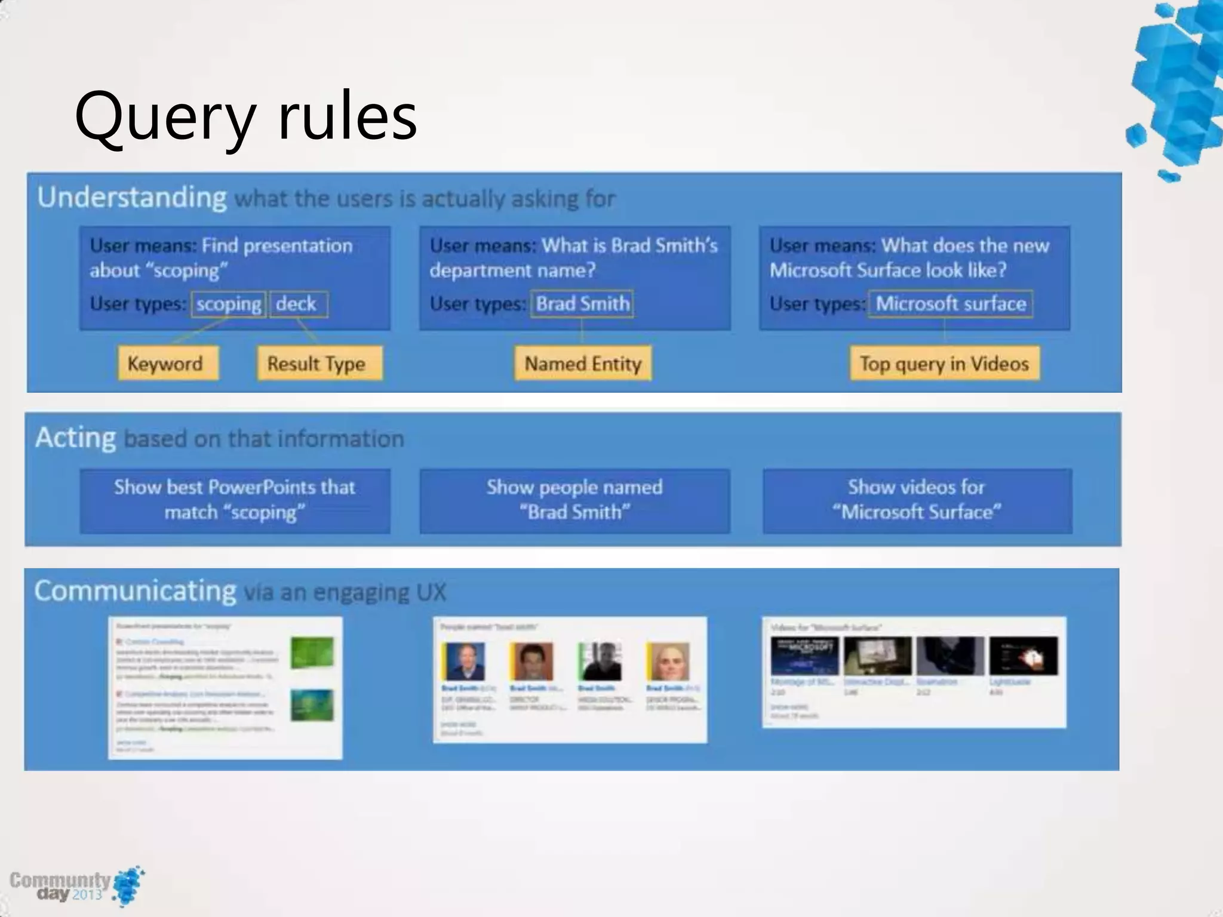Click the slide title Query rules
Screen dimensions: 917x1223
point(245,116)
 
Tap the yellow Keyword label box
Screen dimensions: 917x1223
point(167,364)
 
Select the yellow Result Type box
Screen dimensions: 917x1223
point(318,364)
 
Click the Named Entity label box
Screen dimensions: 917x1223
point(582,364)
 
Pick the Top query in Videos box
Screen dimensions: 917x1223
point(944,364)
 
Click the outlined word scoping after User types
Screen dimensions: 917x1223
point(229,304)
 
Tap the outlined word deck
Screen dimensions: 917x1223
point(297,304)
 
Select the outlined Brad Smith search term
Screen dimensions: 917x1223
point(582,304)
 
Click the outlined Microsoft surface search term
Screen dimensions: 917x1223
point(950,304)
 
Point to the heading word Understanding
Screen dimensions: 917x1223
point(132,198)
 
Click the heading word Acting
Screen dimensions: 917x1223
point(76,438)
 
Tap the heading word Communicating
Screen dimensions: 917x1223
point(136,591)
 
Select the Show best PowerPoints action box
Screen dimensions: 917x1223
point(235,500)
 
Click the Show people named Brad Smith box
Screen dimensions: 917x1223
point(574,500)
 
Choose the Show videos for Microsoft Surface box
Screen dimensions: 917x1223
point(917,500)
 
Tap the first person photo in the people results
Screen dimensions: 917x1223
point(464,661)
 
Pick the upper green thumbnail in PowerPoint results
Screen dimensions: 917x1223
point(312,653)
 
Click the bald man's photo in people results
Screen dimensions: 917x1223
point(668,661)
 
